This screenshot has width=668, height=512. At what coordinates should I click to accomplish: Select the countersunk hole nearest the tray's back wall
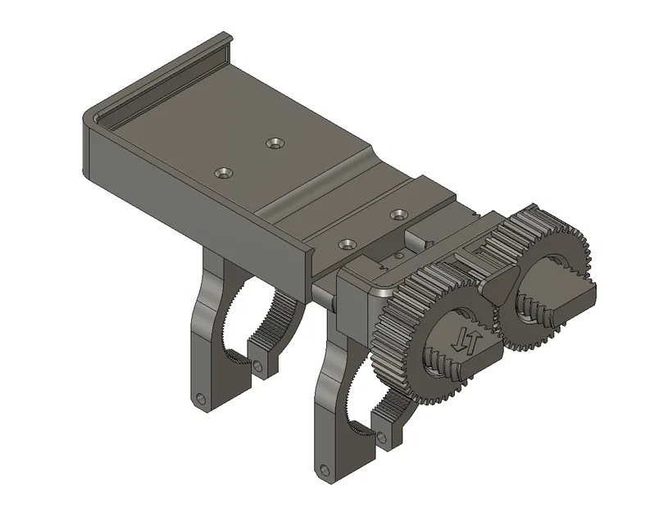coord(275,143)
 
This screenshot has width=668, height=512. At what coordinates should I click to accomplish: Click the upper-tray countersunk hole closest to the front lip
coord(223,173)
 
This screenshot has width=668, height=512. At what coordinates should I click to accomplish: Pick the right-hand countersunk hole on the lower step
coord(399,214)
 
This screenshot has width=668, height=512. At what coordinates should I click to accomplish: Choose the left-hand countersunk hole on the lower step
coord(348,244)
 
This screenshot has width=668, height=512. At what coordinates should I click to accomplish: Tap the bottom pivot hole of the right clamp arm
coord(323,470)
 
